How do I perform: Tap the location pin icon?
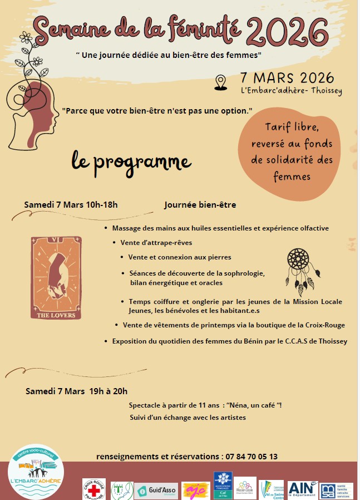point(221,82)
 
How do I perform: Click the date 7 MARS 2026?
point(287,77)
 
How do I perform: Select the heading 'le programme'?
point(131,161)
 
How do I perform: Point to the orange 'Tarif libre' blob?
point(292,153)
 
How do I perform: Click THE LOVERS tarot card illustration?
point(56,278)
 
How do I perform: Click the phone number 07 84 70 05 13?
point(251,457)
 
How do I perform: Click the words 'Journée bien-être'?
point(200,205)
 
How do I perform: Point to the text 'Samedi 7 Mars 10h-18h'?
point(71,204)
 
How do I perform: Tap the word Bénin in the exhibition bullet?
point(233,341)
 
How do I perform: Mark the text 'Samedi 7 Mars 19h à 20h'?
point(76,391)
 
